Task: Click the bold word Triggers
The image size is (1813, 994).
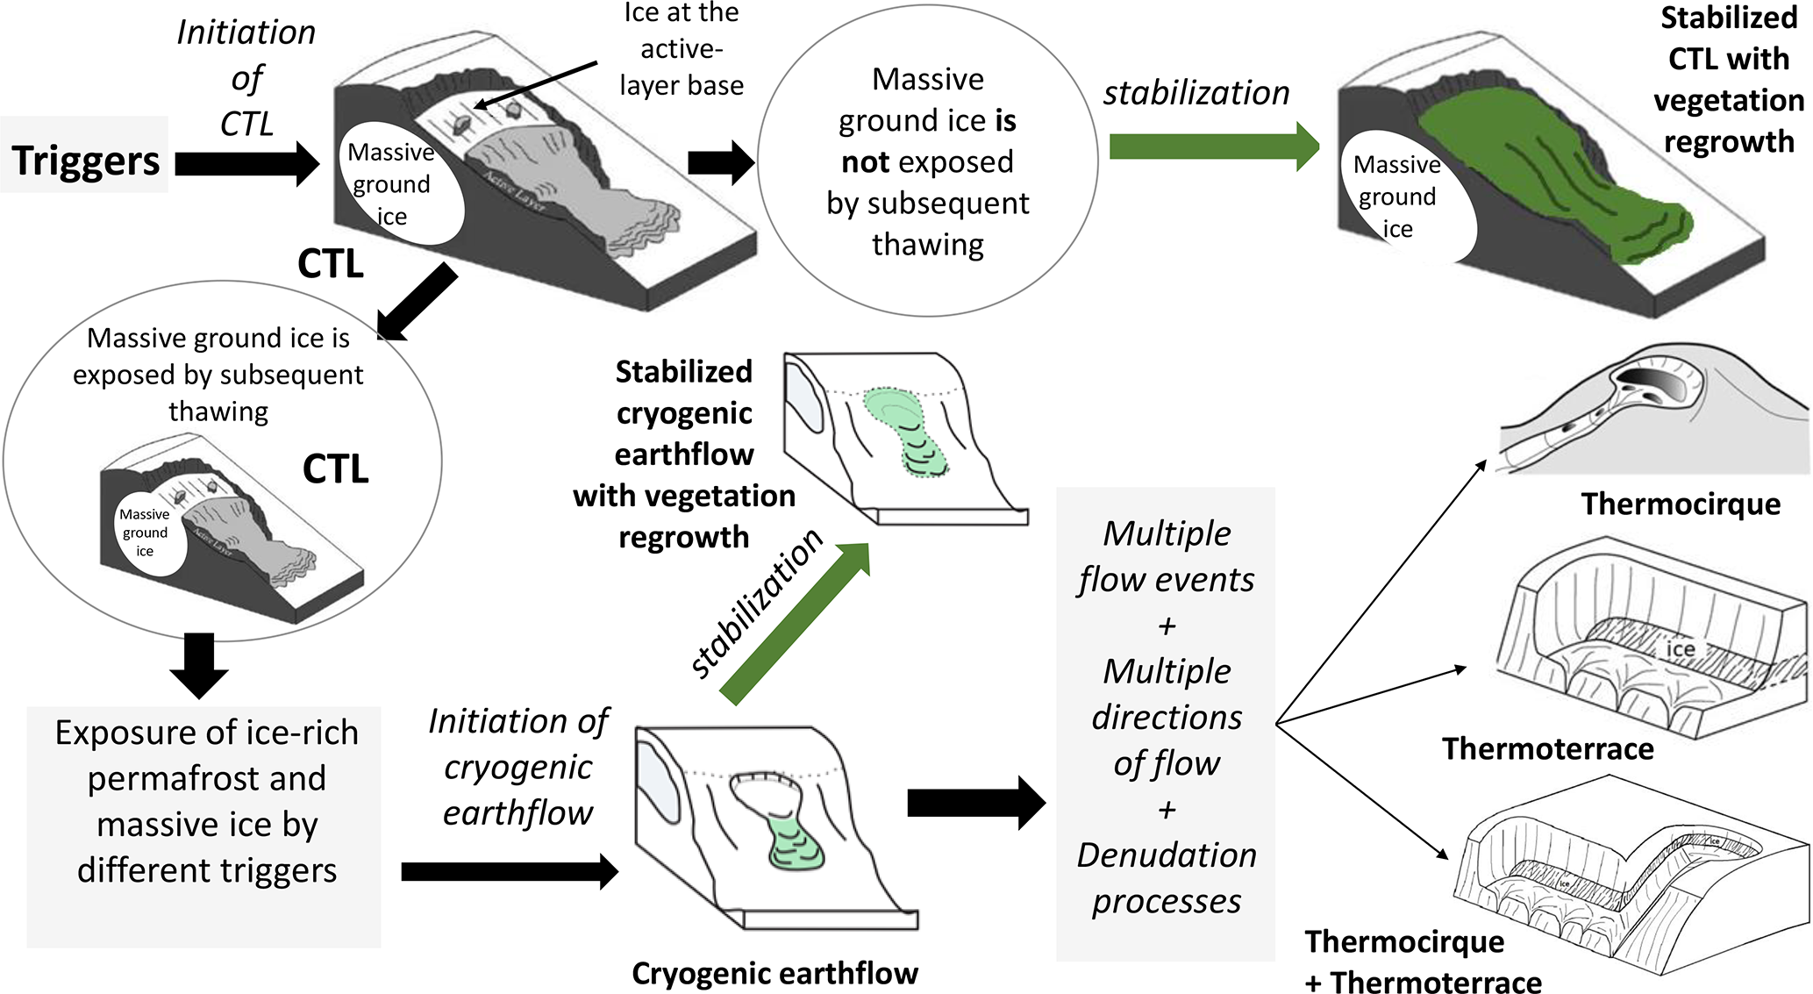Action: (x=86, y=161)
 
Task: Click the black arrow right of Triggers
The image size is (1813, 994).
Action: (x=246, y=163)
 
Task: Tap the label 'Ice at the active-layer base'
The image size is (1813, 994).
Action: (x=682, y=49)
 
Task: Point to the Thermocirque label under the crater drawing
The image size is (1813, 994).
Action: (x=1680, y=504)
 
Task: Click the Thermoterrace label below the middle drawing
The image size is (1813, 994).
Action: (x=1547, y=748)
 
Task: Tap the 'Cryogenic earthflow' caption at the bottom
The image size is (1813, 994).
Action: (x=774, y=973)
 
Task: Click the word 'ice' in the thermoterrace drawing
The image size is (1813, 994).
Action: (x=1680, y=648)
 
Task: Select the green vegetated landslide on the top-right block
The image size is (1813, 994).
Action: (x=1552, y=175)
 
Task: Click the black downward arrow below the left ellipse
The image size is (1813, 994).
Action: (x=199, y=666)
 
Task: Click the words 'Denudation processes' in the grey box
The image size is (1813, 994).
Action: (x=1167, y=878)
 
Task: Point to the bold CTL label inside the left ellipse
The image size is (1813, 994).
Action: (x=335, y=468)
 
